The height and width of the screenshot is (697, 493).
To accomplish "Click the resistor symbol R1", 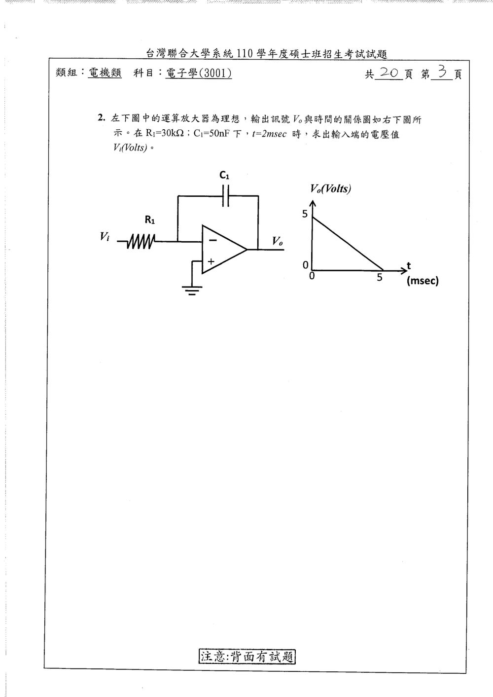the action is tap(141, 242).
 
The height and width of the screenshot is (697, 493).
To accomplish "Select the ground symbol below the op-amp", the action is tap(192, 291).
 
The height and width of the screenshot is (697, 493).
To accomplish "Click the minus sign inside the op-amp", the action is tap(213, 240).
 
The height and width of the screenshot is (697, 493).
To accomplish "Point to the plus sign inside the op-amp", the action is tap(211, 261).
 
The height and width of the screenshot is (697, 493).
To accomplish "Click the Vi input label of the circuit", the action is tap(105, 236).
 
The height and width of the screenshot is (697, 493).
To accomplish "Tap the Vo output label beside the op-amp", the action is tap(278, 241).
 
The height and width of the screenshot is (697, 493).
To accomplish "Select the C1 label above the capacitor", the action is tap(224, 176).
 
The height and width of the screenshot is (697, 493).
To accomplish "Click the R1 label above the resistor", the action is tap(149, 220).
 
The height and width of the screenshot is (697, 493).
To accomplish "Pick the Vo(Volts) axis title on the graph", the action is tap(331, 188).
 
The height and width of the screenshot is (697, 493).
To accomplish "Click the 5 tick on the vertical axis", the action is tap(305, 214).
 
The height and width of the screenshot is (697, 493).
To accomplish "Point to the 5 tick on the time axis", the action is tap(380, 277).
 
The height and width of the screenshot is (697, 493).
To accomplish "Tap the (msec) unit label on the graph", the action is tap(423, 281).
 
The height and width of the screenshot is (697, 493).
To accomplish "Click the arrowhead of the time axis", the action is tap(404, 270).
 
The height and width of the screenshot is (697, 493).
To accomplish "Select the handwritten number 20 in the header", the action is tap(389, 73).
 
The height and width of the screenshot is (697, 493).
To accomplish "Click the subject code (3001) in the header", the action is tap(215, 73).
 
